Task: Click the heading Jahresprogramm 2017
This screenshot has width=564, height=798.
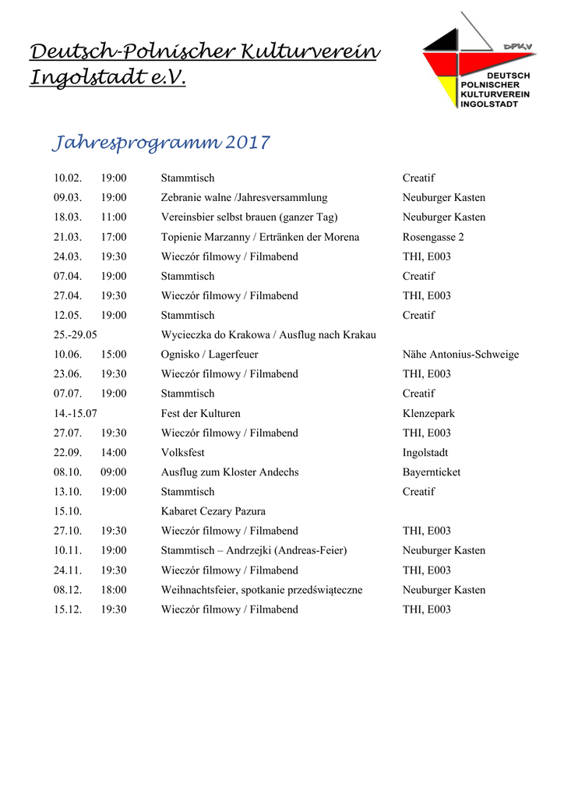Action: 160,143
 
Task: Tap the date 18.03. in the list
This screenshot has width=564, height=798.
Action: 68,217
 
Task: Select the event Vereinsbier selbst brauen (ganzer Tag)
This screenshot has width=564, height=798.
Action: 249,217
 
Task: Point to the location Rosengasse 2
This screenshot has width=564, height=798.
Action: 433,237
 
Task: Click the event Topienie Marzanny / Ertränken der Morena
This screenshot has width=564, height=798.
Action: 260,237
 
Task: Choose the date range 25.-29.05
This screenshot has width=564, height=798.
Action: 76,335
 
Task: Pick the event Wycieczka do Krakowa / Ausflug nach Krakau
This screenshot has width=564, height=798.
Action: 268,335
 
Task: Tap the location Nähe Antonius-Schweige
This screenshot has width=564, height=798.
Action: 460,355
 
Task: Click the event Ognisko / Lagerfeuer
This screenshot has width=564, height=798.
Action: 210,355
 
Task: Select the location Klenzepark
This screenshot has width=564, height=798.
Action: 428,414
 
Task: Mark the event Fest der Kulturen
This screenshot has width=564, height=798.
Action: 201,414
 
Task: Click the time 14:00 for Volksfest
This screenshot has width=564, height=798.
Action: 114,453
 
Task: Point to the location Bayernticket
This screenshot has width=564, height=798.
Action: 432,472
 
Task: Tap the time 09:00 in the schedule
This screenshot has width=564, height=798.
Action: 114,472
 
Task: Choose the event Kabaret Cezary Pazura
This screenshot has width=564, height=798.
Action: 213,511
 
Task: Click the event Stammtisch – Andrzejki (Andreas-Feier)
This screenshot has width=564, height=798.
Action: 254,551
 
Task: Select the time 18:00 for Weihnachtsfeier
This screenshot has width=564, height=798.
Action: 114,590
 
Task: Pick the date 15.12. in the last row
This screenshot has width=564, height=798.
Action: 68,609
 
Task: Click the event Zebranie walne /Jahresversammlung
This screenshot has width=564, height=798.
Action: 244,198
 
